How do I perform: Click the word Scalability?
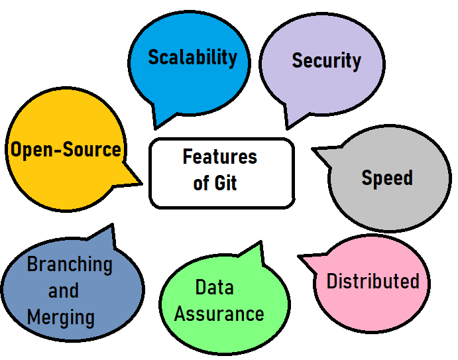(x=192, y=57)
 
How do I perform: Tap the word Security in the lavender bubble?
(x=326, y=61)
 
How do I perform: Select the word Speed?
(x=387, y=178)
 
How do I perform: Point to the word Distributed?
(x=372, y=281)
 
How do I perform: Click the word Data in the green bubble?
(x=214, y=287)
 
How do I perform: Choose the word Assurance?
(x=219, y=313)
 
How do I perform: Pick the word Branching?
(x=70, y=265)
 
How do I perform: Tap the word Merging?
(x=61, y=317)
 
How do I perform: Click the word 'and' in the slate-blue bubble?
(x=64, y=290)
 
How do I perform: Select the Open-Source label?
(x=66, y=149)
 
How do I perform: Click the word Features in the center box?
(x=220, y=157)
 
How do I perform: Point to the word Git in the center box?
(x=226, y=183)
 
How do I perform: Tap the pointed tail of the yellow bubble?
(x=140, y=182)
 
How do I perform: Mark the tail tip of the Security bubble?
(x=288, y=127)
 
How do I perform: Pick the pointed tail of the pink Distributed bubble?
(x=300, y=257)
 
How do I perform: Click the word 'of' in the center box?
(x=201, y=183)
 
